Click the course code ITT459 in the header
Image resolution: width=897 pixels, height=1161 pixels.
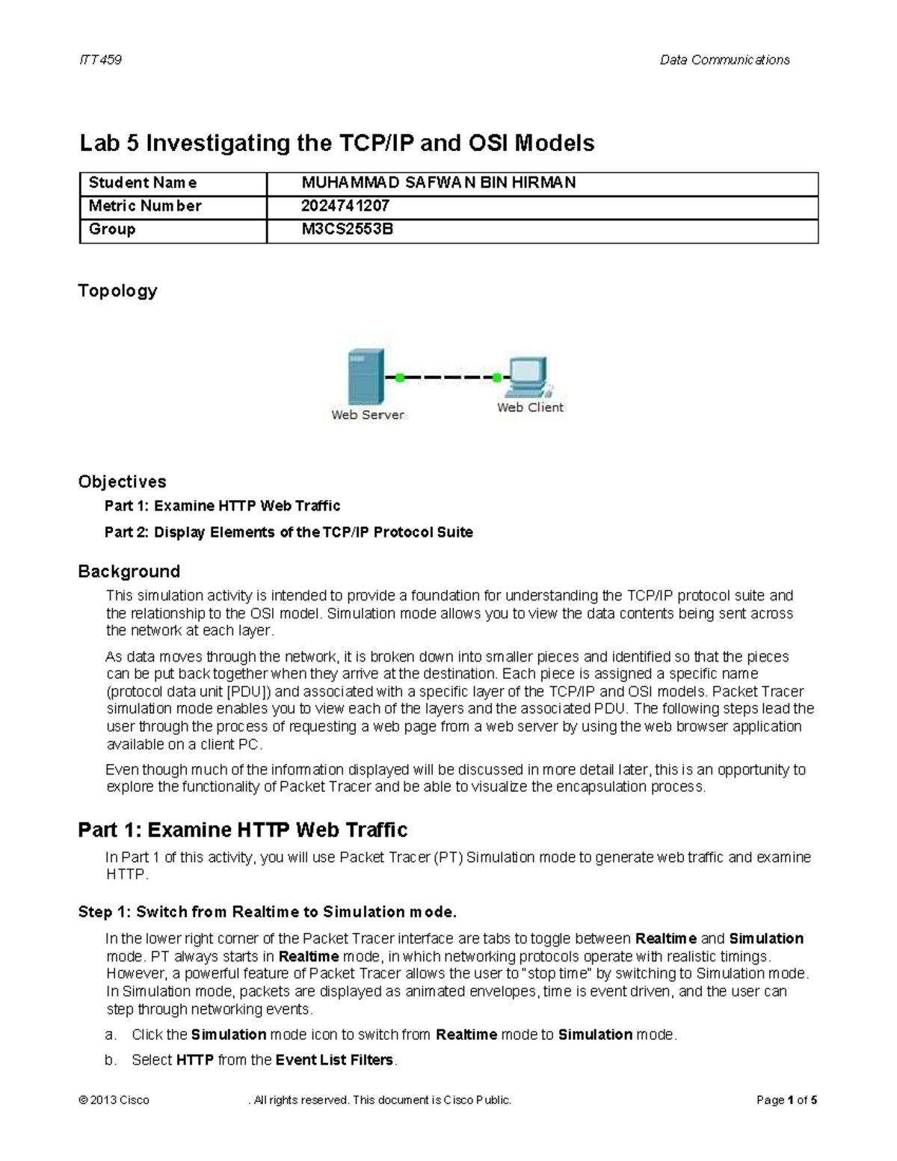pos(100,60)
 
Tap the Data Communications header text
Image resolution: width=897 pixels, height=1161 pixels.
pos(724,60)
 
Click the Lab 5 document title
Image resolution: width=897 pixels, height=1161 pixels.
pos(336,143)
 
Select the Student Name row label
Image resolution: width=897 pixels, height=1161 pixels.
pos(143,183)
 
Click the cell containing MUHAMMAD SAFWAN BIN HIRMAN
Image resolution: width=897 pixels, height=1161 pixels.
pos(438,183)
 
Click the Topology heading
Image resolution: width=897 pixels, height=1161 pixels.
pos(117,291)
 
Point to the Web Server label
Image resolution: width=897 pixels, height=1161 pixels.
pos(368,415)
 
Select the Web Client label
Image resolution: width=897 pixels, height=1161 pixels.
pos(530,407)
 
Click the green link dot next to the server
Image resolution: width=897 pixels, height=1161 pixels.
pos(399,378)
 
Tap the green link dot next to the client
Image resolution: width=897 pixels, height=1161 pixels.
pos(495,378)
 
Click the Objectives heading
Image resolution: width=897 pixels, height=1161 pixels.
pos(122,481)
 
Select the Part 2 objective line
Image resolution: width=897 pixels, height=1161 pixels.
pos(289,532)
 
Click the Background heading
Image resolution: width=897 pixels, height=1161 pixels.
pos(129,572)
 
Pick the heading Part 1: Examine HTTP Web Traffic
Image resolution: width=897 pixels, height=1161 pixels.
pos(242,830)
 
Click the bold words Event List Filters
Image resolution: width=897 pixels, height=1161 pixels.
pos(334,1060)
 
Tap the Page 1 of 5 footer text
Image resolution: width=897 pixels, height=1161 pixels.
pos(786,1100)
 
